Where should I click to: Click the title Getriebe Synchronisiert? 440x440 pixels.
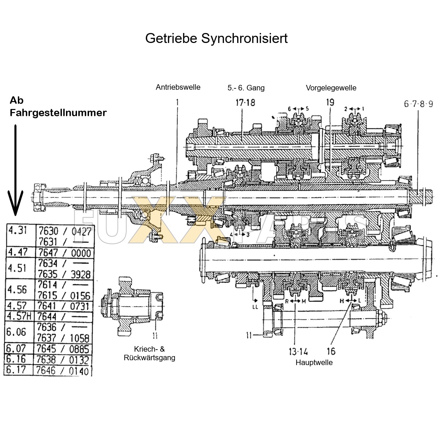pyautogui.click(x=216, y=38)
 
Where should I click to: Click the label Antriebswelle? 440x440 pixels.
pyautogui.click(x=178, y=87)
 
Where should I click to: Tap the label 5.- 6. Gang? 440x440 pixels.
pyautogui.click(x=246, y=88)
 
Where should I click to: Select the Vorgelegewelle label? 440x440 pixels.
pyautogui.click(x=331, y=88)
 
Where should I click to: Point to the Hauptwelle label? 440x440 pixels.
pyautogui.click(x=314, y=363)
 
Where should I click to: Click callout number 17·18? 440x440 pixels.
pyautogui.click(x=245, y=102)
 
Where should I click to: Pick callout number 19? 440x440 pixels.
pyautogui.click(x=330, y=102)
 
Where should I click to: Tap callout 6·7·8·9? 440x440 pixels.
pyautogui.click(x=418, y=104)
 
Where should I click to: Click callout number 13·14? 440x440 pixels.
pyautogui.click(x=298, y=351)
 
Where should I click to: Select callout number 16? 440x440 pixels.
pyautogui.click(x=331, y=351)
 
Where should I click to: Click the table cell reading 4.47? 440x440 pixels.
pyautogui.click(x=17, y=252)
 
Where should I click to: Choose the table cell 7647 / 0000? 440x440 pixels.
pyautogui.click(x=65, y=253)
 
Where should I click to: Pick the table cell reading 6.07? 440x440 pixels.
pyautogui.click(x=16, y=349)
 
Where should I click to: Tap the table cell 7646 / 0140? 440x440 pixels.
pyautogui.click(x=63, y=371)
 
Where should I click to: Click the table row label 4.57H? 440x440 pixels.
pyautogui.click(x=19, y=316)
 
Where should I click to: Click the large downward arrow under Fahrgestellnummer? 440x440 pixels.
pyautogui.click(x=15, y=172)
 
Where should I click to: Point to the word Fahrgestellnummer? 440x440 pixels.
pyautogui.click(x=58, y=113)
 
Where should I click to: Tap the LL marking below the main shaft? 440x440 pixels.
pyautogui.click(x=255, y=307)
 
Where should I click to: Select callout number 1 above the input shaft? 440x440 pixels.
pyautogui.click(x=177, y=102)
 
